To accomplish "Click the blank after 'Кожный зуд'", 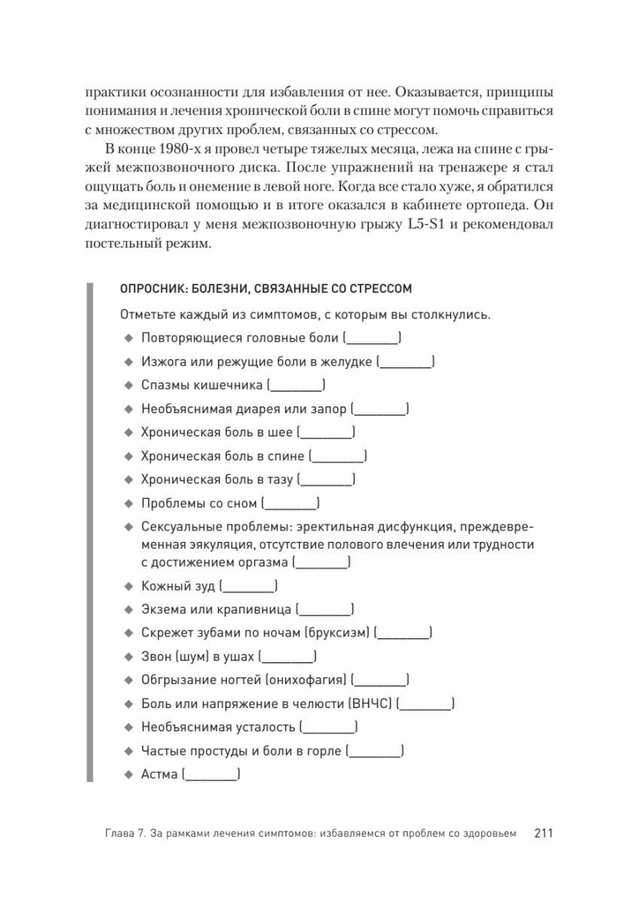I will [x=251, y=585].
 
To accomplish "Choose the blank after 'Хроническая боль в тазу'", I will [x=326, y=479].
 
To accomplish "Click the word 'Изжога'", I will [x=160, y=362].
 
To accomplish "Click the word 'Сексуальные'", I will [x=178, y=525].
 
